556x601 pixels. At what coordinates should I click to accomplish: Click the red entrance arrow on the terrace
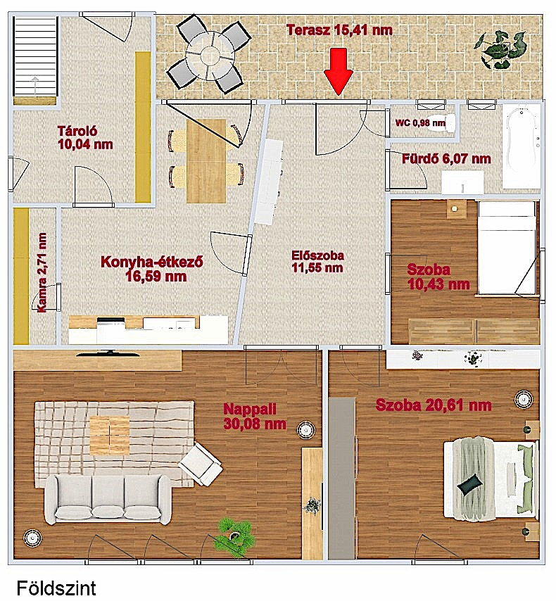pos(338,72)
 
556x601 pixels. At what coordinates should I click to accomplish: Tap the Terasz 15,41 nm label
pos(339,30)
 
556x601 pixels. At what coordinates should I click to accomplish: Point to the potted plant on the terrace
pos(500,49)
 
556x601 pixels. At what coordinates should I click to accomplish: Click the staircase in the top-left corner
pos(35,58)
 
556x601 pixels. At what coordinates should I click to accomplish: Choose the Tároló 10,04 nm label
pos(85,138)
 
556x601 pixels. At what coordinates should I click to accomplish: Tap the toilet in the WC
pos(441,122)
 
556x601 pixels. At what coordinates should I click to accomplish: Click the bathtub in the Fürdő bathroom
pos(522,146)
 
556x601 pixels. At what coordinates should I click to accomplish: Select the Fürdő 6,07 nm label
pos(446,158)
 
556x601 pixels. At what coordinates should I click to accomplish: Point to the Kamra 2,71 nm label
pos(42,272)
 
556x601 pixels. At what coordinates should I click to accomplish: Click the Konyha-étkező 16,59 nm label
pos(152,269)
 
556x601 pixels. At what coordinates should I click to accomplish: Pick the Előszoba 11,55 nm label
pos(317,261)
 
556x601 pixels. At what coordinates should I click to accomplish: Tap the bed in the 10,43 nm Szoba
pos(507,248)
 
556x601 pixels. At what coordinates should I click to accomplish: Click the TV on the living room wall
pos(107,353)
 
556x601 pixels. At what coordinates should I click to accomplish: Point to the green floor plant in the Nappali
pos(235,536)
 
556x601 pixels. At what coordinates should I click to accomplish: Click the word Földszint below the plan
pos(56,588)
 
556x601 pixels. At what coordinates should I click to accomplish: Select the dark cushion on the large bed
pos(469,483)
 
